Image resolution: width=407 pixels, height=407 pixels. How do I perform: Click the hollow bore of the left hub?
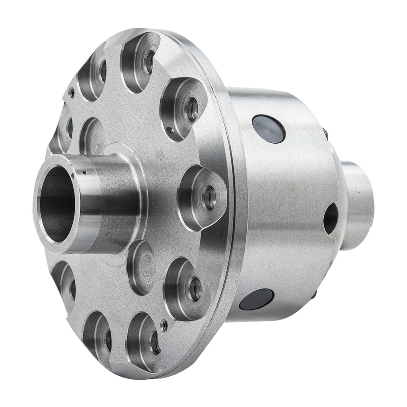[x=55, y=203]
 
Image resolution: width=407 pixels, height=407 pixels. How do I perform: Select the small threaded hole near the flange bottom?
[x=164, y=324]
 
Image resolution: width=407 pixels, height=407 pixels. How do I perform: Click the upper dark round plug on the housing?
[x=268, y=129]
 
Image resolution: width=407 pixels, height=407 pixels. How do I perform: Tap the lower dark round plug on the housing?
[x=256, y=299]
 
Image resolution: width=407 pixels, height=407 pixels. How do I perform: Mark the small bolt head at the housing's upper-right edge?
[x=325, y=132]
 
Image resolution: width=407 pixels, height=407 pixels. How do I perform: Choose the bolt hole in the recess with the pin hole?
[x=192, y=110]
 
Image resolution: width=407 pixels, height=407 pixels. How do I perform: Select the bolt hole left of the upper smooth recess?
[x=69, y=128]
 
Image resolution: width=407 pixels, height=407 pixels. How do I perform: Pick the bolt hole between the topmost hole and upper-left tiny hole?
[x=103, y=72]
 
